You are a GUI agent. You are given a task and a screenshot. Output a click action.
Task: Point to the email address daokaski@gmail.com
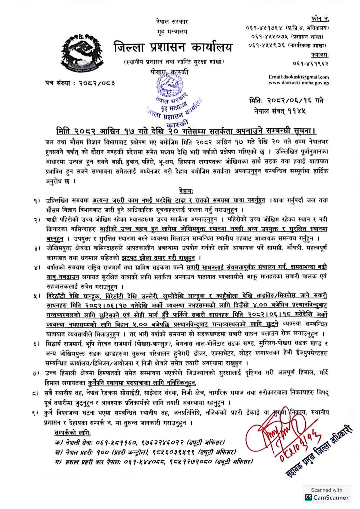(x=299, y=77)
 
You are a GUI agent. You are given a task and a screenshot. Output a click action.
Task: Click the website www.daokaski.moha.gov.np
(x=299, y=83)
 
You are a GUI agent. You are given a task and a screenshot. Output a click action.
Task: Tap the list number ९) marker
(x=37, y=413)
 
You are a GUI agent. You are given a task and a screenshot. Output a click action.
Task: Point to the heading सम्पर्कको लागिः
(x=72, y=433)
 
